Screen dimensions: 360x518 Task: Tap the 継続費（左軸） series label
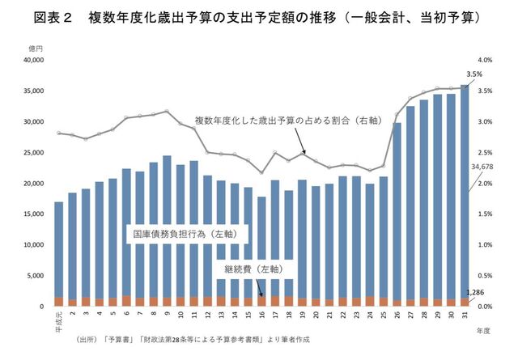point(251,266)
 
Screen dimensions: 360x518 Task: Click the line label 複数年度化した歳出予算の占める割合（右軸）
point(287,121)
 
